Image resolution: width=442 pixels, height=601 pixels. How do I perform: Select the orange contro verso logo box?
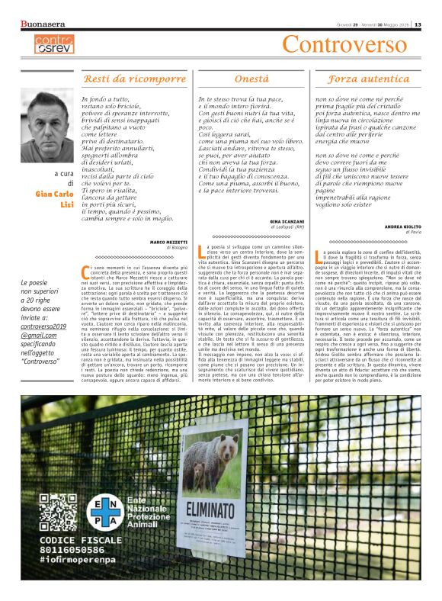(54, 43)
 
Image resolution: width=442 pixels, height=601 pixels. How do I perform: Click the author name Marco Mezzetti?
(168, 242)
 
